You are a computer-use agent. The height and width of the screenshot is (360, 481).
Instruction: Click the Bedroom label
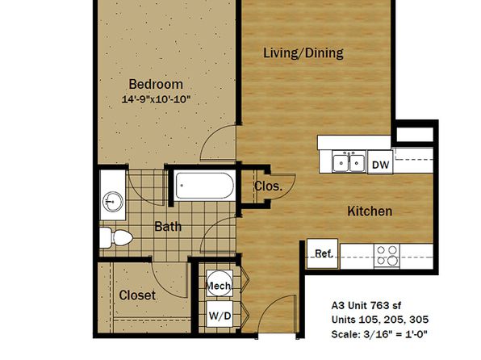156,84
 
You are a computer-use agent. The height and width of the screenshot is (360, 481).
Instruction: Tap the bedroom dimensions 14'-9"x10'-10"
156,99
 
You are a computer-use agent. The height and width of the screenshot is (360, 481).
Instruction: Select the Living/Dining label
303,52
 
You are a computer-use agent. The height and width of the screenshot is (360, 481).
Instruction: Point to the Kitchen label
370,211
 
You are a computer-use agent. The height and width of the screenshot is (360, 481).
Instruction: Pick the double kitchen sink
349,161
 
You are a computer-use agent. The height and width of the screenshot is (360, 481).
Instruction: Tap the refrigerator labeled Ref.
323,253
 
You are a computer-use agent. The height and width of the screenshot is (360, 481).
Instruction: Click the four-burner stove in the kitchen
387,255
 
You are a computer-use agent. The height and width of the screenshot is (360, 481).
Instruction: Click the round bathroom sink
112,202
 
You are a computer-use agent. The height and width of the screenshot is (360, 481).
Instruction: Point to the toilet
116,238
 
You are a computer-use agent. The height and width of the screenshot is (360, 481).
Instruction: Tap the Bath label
168,227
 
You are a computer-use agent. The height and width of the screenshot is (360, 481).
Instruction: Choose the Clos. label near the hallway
269,186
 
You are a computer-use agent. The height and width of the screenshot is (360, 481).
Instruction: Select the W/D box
220,315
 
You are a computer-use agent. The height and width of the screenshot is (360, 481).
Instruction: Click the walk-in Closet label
137,295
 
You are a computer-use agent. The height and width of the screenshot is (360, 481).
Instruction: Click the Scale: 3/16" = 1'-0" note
379,334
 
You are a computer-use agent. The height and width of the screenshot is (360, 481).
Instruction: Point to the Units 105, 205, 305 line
380,320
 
